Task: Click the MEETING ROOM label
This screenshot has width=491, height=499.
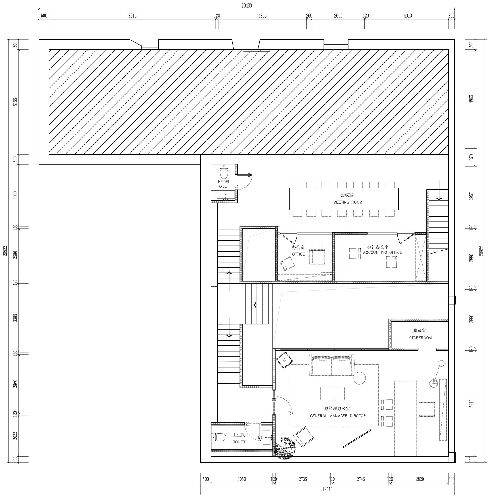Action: point(347,202)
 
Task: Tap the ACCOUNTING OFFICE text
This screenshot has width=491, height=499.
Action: point(382,252)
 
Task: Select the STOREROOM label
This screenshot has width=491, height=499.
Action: point(420,338)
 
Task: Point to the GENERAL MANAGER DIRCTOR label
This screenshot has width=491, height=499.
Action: point(338,416)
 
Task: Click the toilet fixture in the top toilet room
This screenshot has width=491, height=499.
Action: point(224,172)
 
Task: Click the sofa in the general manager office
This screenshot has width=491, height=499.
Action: point(332,365)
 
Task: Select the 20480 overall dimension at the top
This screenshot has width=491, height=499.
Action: point(247,5)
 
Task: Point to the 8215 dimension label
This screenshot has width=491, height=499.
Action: point(132,16)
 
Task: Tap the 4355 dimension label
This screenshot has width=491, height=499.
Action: point(262,16)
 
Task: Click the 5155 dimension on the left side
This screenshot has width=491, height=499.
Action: point(16,102)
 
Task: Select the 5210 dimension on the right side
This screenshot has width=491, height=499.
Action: point(472,403)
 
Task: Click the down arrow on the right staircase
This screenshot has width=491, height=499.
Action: point(439,191)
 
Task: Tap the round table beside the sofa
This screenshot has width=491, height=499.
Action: point(359,378)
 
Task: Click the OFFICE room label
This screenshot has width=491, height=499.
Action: point(298,254)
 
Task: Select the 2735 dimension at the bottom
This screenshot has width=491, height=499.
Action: point(303,479)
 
